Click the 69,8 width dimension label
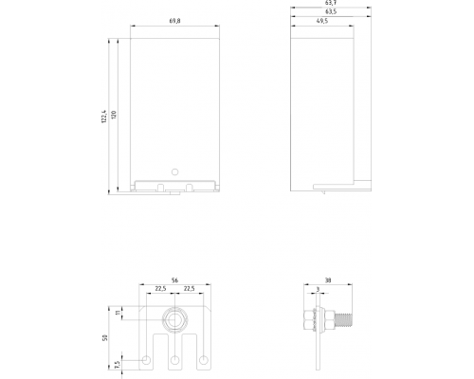(174, 21)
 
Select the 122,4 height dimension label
(104, 117)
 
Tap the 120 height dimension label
(114, 115)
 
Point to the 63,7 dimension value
(331, 3)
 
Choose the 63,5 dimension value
(331, 11)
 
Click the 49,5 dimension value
(322, 21)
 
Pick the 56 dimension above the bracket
(174, 280)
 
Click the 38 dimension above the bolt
(328, 280)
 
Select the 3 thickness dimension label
(318, 289)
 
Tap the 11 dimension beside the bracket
(118, 313)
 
